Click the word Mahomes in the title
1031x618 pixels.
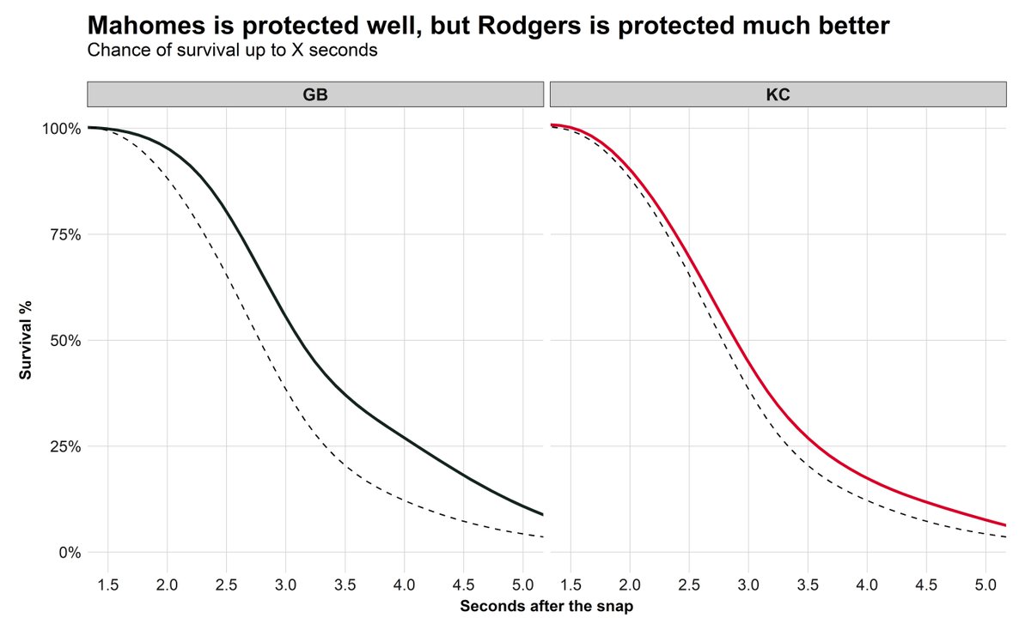(149, 26)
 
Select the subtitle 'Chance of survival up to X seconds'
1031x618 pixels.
(232, 50)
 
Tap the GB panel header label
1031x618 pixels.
(315, 95)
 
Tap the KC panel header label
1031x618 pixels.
(778, 95)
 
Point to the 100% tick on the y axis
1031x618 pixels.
(62, 129)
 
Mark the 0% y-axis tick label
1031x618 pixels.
(69, 552)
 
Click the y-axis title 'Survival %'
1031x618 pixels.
(27, 340)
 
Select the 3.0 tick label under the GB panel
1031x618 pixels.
(285, 585)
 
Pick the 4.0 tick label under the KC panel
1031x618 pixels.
(866, 585)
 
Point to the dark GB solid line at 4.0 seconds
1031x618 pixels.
(404, 437)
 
